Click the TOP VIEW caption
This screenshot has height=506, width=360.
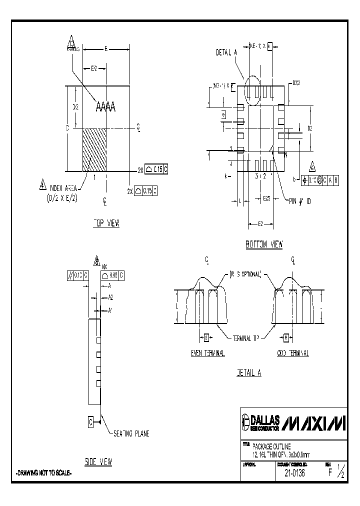(106, 223)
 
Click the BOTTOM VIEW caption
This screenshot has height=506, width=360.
(264, 244)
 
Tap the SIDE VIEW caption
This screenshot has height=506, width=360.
(97, 461)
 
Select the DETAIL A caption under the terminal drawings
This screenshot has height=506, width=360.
(248, 372)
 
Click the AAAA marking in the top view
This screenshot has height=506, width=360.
(105, 106)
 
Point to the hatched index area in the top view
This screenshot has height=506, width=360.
(94, 150)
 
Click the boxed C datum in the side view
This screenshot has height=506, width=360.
(90, 421)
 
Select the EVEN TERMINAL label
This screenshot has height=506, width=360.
(207, 353)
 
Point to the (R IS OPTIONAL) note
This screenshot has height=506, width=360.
(245, 274)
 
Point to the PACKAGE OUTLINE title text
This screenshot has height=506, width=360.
(270, 446)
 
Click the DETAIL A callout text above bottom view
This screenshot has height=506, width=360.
(228, 52)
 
